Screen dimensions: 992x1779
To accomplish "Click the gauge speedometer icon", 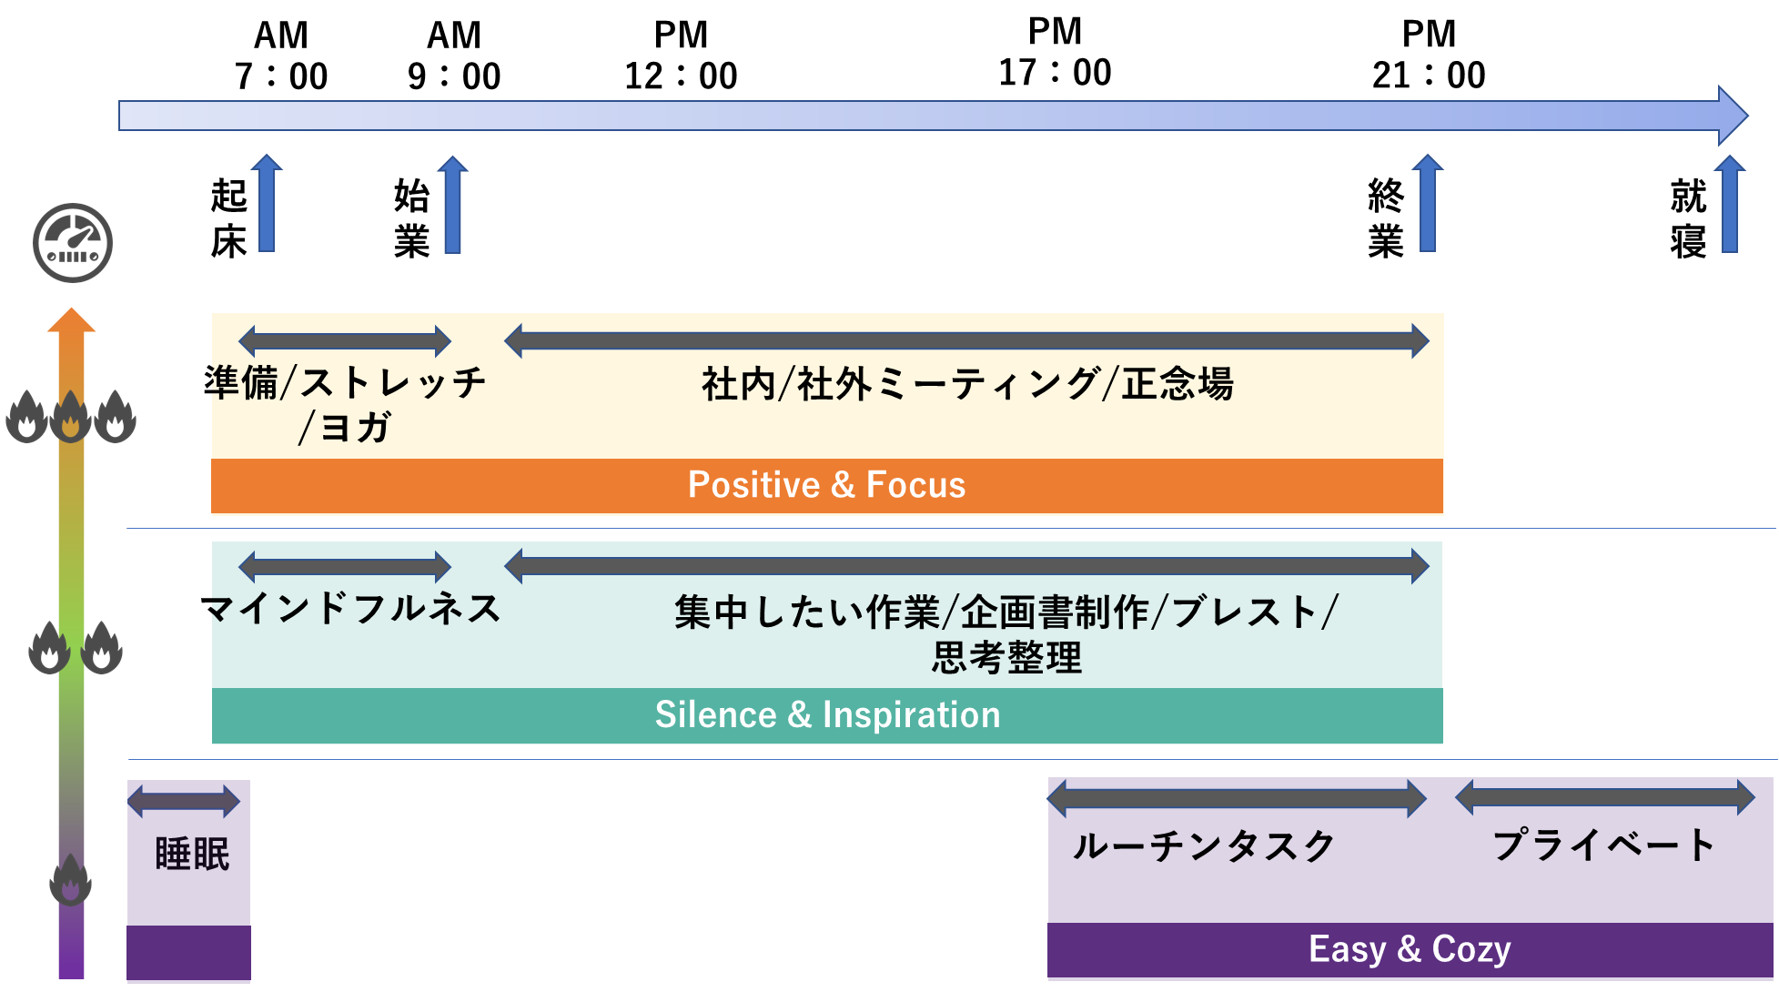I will (73, 242).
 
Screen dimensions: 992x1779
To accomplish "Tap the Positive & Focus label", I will (826, 485).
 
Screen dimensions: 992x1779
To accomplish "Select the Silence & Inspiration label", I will (827, 715).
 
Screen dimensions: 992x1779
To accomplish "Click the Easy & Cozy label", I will (1409, 949).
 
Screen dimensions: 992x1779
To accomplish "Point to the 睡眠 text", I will (192, 855).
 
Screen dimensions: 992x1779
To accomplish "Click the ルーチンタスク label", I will (1203, 846).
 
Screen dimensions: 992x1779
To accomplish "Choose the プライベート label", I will (1603, 845).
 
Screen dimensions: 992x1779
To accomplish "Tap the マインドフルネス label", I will (352, 608).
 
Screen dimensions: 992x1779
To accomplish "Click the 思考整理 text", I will (1006, 657).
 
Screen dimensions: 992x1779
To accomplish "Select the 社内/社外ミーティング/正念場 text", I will (966, 383).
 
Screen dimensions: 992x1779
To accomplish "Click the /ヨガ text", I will (345, 427).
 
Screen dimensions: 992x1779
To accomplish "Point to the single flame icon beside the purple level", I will (70, 880).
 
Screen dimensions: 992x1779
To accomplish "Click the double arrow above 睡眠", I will (185, 802).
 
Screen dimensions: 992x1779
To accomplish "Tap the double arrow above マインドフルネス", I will (345, 567).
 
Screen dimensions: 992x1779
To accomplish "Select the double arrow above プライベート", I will (1605, 797).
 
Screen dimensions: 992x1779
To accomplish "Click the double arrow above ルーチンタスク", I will (1236, 799).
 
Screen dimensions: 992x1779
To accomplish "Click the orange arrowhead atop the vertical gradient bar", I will (72, 320).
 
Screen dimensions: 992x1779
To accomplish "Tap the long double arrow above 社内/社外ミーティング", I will (966, 340).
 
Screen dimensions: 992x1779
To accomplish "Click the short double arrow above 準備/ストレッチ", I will (345, 341).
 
